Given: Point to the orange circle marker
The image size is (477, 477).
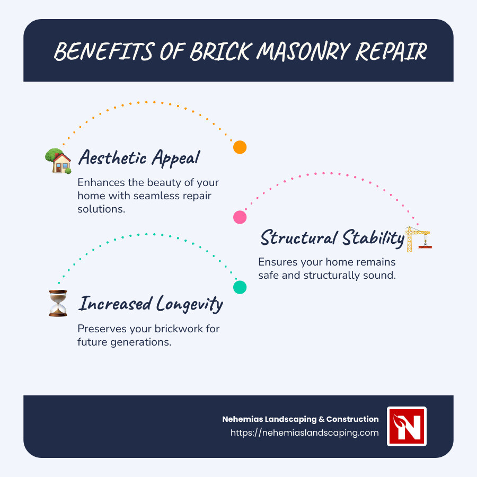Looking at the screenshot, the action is click(x=240, y=147).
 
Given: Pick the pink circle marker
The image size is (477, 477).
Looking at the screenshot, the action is click(x=240, y=217).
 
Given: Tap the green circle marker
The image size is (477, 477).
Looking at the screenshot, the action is click(x=240, y=287).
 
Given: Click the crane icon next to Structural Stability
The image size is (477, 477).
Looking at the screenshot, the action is click(x=418, y=238).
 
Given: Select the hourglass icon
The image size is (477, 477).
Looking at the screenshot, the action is click(x=58, y=304).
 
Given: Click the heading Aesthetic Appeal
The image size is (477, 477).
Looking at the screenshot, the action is click(x=139, y=157).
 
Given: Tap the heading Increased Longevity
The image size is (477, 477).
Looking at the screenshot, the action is click(x=151, y=304).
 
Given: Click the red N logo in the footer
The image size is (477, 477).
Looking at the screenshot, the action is click(x=407, y=427).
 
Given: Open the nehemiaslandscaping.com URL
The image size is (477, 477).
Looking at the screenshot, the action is click(x=305, y=432).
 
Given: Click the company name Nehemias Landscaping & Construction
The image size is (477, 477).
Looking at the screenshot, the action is click(x=301, y=419).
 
